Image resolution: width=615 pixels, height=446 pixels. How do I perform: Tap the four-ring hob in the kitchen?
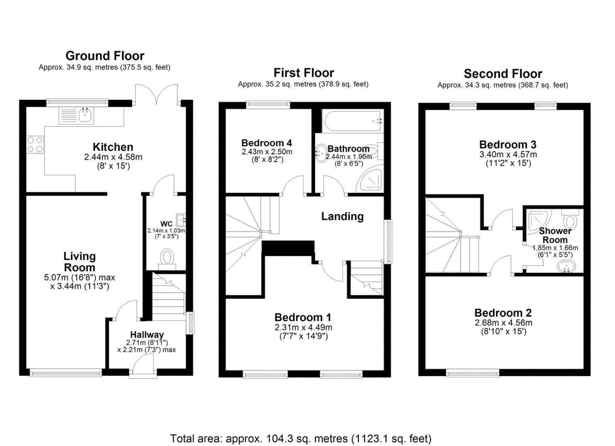35,144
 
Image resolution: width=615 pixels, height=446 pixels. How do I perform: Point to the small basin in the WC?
181,218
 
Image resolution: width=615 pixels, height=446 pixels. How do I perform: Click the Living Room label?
79,262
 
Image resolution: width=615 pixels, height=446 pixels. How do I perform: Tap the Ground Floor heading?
105,56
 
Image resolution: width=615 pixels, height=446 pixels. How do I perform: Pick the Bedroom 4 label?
266,143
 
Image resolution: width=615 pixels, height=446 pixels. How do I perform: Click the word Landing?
342,216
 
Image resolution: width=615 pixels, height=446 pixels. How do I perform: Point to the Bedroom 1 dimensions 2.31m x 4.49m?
303,327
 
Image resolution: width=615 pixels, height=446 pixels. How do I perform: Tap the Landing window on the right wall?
389,241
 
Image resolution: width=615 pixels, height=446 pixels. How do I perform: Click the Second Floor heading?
503,74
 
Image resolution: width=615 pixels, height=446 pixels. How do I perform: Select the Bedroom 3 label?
508,145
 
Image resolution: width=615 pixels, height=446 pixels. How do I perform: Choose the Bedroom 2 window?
472,373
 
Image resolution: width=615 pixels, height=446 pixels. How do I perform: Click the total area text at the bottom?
300,439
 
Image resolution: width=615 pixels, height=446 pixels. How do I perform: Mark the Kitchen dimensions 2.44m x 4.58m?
113,157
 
